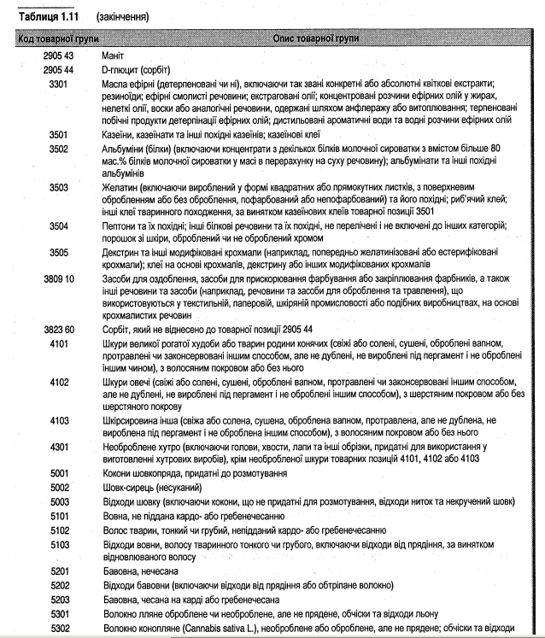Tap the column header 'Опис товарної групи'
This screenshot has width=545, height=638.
(316, 39)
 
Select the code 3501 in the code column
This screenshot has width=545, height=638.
(59, 134)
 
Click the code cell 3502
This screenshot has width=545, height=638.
(59, 149)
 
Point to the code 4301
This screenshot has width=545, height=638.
(59, 446)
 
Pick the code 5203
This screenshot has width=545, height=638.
(59, 599)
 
